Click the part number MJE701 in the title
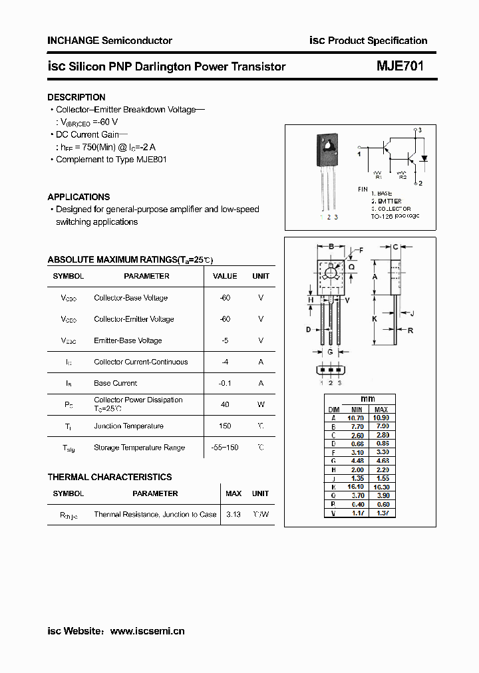pos(400,66)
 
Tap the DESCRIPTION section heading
pos(77,97)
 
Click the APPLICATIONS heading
pos(79,197)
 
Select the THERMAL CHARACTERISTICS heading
pos(110,477)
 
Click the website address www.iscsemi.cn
pos(147,630)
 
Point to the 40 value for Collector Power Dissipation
pos(225,404)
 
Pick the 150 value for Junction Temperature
pos(225,426)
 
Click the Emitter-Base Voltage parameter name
pos(128,340)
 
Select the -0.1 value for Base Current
pos(225,383)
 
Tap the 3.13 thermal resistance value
pos(234,514)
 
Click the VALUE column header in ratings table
pos(225,276)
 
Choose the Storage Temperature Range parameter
pos(139,448)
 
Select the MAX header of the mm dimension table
pos(381,410)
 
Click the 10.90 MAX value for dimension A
pos(381,417)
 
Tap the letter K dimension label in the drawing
pos(375,319)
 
